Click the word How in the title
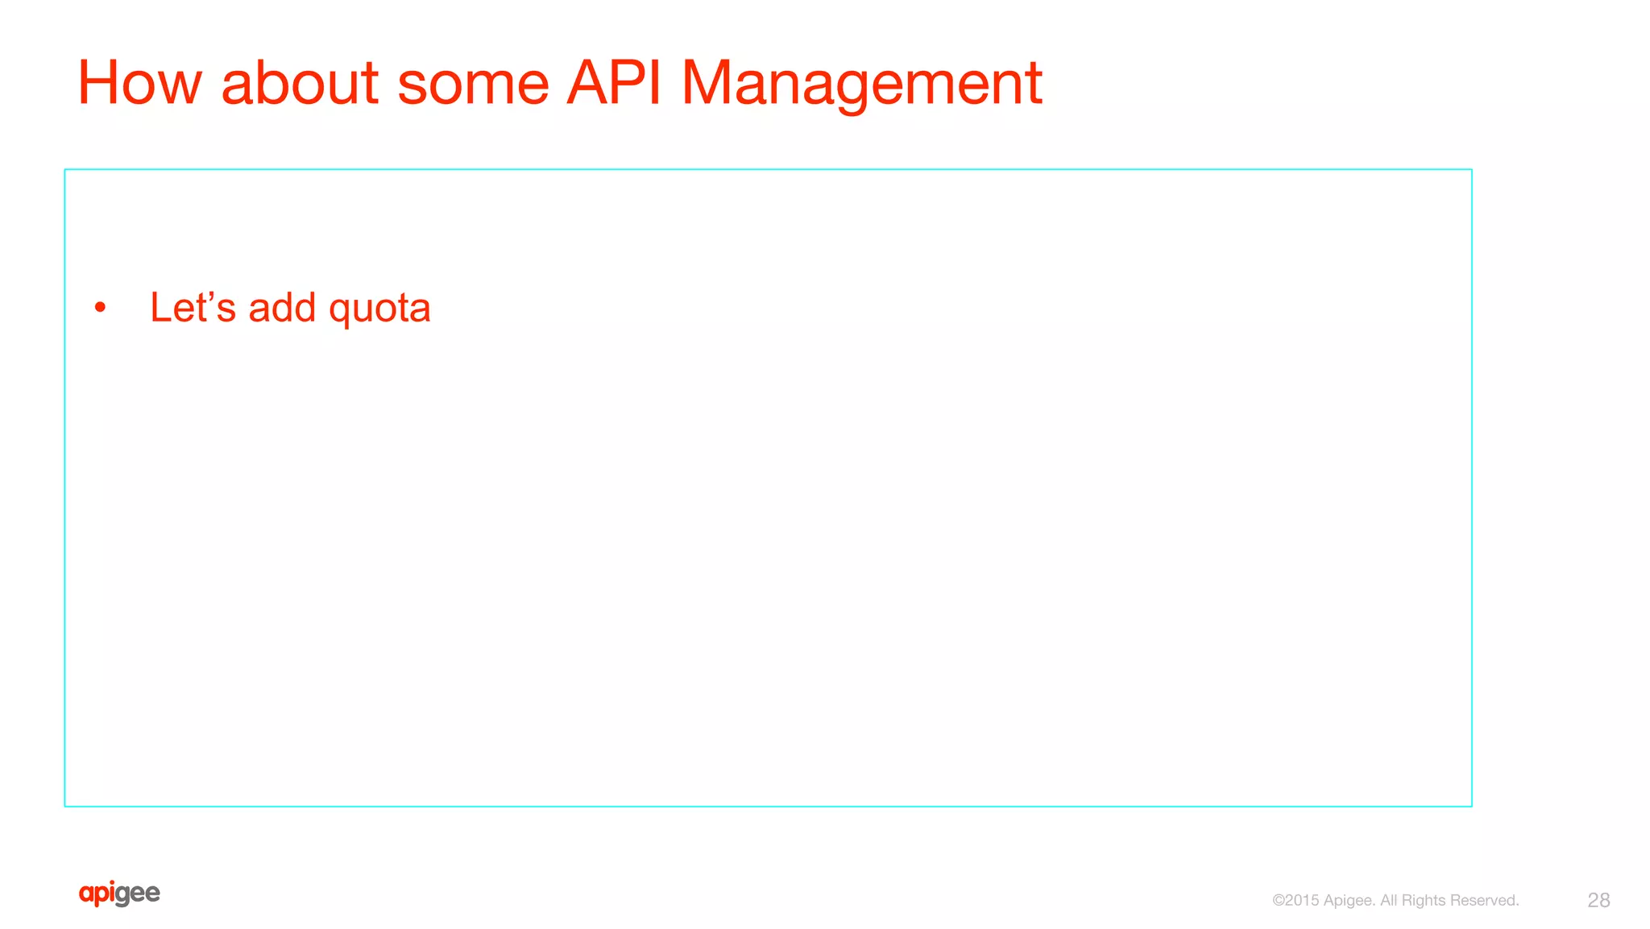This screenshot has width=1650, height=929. click(139, 83)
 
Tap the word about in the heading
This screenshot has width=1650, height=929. click(300, 83)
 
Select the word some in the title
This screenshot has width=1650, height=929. click(473, 83)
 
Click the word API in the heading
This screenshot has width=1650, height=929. click(614, 83)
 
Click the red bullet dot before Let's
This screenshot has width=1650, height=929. click(100, 308)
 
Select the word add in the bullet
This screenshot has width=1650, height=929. click(282, 308)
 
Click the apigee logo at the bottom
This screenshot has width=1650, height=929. click(119, 894)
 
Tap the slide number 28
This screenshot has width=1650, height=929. click(1598, 900)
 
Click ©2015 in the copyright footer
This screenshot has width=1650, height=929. click(1295, 900)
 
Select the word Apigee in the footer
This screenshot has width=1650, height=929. click(1349, 901)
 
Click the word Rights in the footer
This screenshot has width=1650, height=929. click(1423, 901)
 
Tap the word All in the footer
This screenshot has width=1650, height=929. click(1388, 900)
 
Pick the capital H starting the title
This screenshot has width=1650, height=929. click(101, 83)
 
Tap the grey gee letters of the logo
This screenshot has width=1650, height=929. click(138, 894)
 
